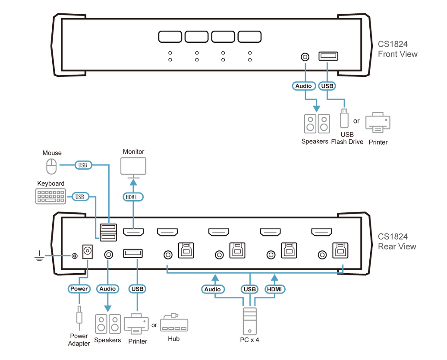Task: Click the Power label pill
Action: pyautogui.click(x=79, y=289)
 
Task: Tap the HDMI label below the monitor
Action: pyautogui.click(x=133, y=196)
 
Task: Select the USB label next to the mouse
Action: pyautogui.click(x=82, y=165)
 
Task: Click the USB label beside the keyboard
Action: pyautogui.click(x=79, y=197)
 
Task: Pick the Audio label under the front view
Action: pyautogui.click(x=303, y=86)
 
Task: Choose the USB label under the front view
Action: pyautogui.click(x=327, y=86)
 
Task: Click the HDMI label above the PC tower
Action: pyautogui.click(x=275, y=289)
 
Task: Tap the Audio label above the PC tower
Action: pyautogui.click(x=212, y=289)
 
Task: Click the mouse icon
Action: pyautogui.click(x=51, y=167)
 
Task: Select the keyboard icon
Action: pyautogui.click(x=50, y=196)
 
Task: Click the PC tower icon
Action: pyautogui.click(x=249, y=321)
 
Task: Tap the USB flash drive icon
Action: pyautogui.click(x=344, y=119)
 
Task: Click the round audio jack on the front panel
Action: pyautogui.click(x=305, y=57)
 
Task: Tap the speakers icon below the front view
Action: pyautogui.click(x=317, y=123)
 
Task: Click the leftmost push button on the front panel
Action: pyautogui.click(x=170, y=37)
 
